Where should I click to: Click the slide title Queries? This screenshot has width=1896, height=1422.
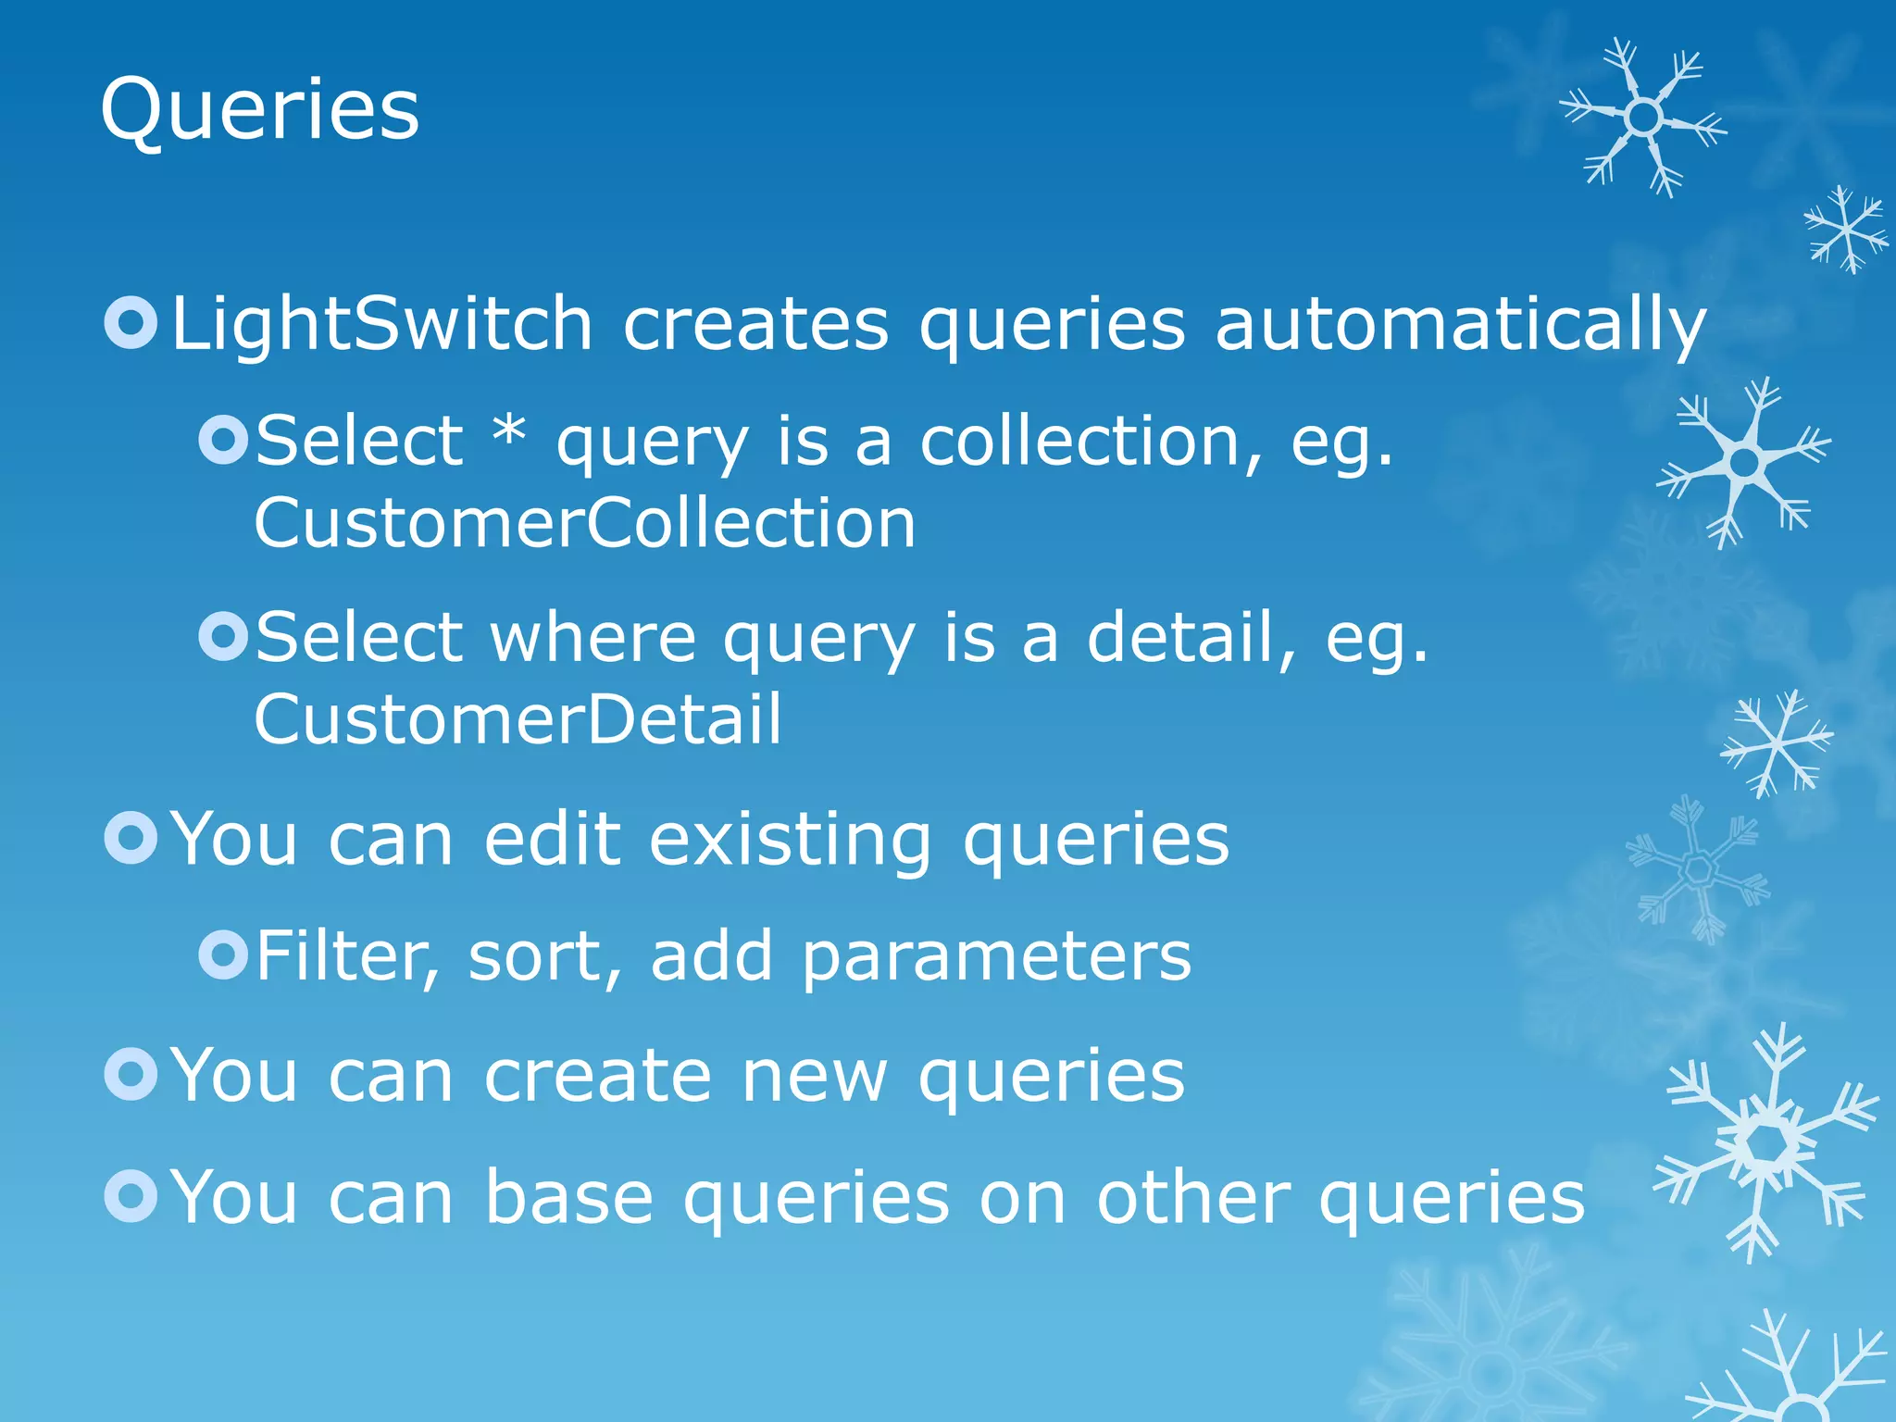(x=259, y=111)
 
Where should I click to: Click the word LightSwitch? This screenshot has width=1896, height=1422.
(x=381, y=324)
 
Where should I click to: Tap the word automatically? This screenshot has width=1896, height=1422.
(x=1460, y=324)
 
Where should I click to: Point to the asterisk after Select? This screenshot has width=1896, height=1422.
(x=508, y=432)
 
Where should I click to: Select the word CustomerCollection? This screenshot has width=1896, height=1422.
(x=584, y=523)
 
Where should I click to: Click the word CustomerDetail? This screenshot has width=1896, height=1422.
(x=518, y=720)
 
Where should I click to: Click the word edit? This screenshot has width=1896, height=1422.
(x=552, y=840)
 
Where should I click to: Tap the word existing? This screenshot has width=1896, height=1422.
(x=790, y=840)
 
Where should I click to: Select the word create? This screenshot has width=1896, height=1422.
(x=598, y=1076)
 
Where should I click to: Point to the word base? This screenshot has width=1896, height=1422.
(x=569, y=1198)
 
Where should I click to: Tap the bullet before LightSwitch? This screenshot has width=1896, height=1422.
(x=131, y=323)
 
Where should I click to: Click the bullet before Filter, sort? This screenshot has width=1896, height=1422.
(x=223, y=954)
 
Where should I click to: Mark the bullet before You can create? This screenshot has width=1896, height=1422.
(x=131, y=1074)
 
